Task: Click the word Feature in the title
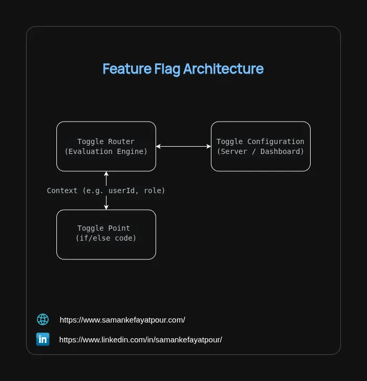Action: (x=127, y=69)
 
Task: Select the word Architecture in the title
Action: (x=223, y=69)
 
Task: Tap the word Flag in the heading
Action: (x=168, y=69)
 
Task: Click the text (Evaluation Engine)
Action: (x=106, y=151)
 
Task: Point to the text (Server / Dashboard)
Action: (x=261, y=151)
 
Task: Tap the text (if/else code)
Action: (x=106, y=238)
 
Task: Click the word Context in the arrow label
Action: (x=62, y=190)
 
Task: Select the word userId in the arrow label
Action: (x=122, y=190)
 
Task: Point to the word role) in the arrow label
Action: (x=155, y=190)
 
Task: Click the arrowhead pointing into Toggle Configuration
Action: (x=209, y=146)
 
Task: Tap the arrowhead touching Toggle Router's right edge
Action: (x=158, y=146)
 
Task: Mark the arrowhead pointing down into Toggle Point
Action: (x=106, y=207)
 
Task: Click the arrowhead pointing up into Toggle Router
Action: (x=106, y=174)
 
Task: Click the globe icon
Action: (x=43, y=319)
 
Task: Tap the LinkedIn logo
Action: (x=43, y=339)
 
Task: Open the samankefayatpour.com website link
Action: (x=122, y=320)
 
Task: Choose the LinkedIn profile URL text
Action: (x=140, y=340)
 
